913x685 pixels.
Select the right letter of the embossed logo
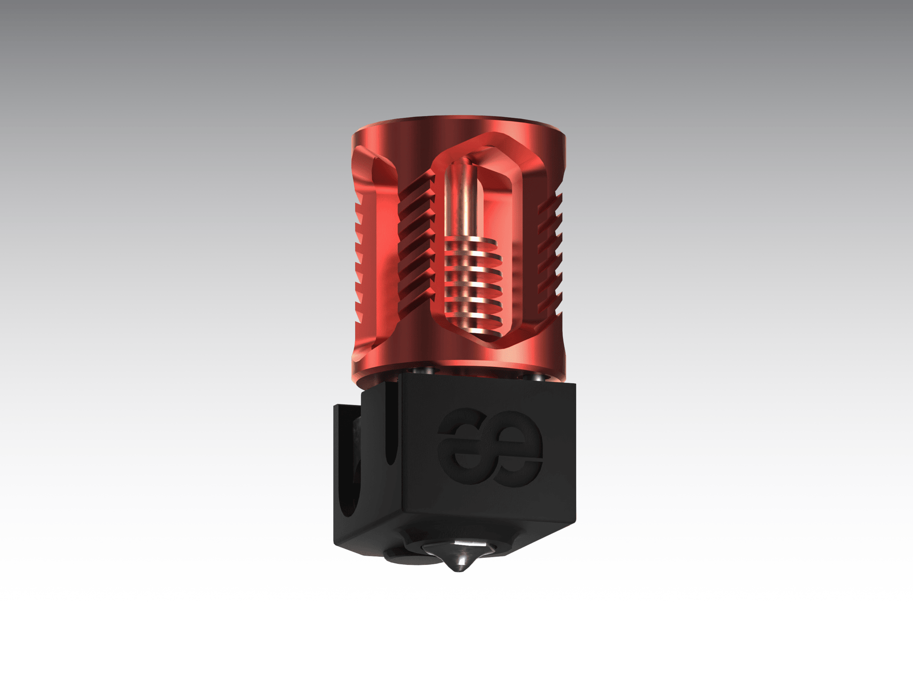click(516, 448)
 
